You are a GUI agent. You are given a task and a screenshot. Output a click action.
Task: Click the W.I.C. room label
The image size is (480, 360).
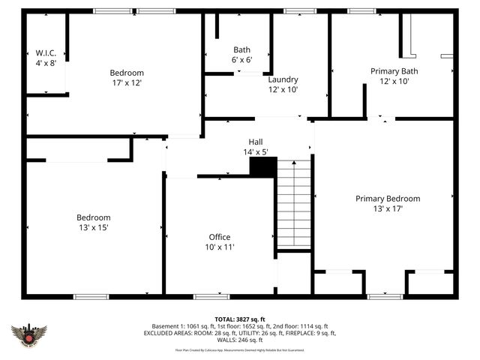click(46, 52)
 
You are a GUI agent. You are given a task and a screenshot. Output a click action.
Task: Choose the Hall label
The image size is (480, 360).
click(256, 141)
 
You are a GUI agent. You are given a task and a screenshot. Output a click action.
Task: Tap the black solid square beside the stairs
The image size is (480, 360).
click(262, 167)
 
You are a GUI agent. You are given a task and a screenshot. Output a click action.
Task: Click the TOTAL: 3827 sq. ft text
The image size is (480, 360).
click(240, 319)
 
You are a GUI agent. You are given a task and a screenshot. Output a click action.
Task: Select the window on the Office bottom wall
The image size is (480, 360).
click(211, 296)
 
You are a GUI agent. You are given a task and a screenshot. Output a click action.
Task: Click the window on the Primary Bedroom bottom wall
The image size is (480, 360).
click(385, 296)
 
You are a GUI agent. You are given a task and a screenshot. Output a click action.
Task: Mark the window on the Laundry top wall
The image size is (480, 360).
click(300, 11)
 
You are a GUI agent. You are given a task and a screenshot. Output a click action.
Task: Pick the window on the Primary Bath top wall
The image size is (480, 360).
click(362, 11)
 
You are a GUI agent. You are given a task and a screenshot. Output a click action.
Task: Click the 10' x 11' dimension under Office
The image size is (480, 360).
click(220, 247)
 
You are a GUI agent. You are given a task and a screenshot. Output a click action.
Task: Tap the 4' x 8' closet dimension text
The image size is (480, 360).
click(46, 63)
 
